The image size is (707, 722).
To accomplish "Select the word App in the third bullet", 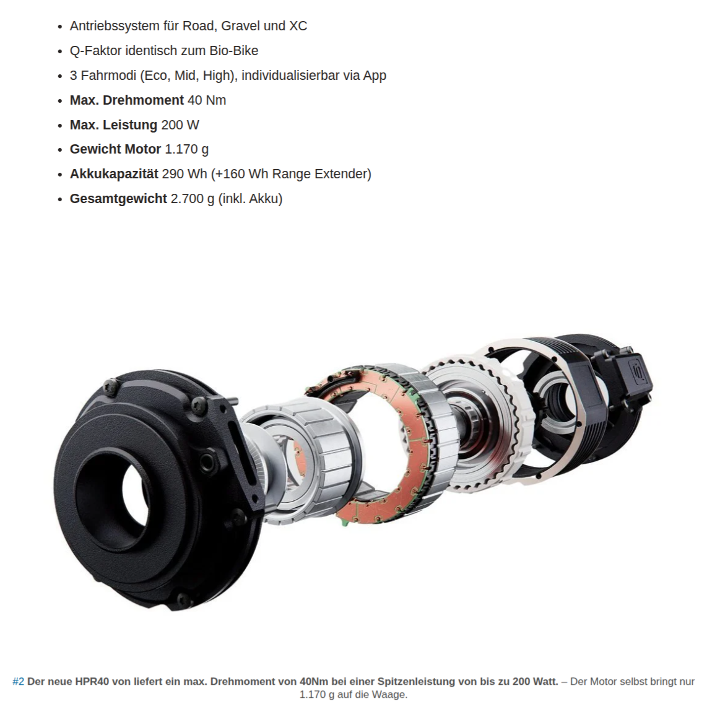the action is click(x=375, y=76).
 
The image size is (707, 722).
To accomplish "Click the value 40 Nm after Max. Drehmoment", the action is click(x=207, y=100).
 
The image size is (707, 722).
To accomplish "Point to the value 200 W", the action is click(x=180, y=125).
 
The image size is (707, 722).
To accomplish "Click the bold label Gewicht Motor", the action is click(x=116, y=149).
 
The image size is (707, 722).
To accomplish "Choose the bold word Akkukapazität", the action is click(x=114, y=174).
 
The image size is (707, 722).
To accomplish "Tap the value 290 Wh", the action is click(x=184, y=174).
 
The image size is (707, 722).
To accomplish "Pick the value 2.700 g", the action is click(x=193, y=199).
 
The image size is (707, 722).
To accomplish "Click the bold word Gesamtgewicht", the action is click(x=118, y=199).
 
